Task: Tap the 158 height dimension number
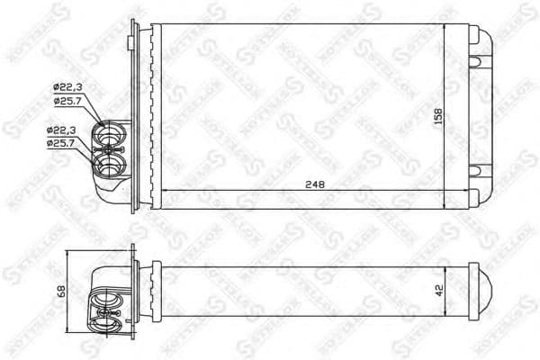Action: point(438,117)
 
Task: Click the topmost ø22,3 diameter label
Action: point(67,86)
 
